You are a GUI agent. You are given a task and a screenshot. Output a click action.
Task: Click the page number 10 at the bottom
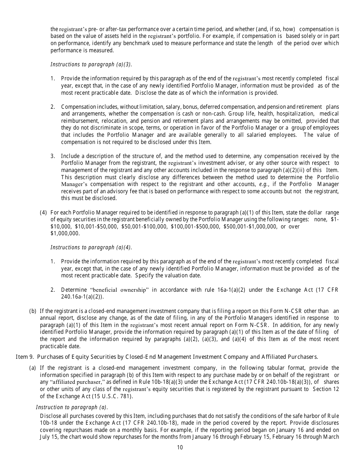(x=180, y=447)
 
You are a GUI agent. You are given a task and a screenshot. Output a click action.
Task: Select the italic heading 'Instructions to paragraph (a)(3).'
(x=91, y=64)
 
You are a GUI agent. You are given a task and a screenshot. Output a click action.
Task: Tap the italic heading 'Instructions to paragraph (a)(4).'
(x=91, y=247)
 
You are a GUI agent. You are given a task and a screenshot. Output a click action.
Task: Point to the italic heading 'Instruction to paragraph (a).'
(x=72, y=407)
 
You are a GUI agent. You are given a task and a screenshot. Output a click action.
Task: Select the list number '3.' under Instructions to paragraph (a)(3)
(x=53, y=156)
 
